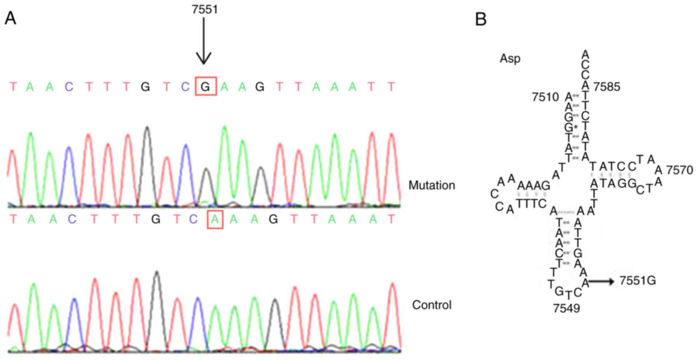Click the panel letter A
point(10,18)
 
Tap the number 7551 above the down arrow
point(205,9)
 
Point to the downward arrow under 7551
point(203,41)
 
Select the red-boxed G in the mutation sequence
point(205,87)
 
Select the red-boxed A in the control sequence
point(215,219)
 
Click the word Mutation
point(432,185)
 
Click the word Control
point(432,305)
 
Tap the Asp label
point(510,59)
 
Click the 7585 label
point(607,87)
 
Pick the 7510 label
point(545,97)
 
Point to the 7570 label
point(679,170)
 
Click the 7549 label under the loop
point(566,308)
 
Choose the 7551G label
point(637,280)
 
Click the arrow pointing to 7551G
point(601,281)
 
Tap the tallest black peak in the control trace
point(157,273)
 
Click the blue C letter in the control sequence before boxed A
point(193,220)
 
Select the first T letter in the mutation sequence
point(14,87)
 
